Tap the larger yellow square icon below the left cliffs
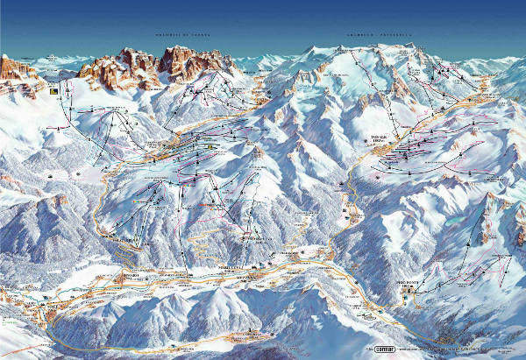55,90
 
